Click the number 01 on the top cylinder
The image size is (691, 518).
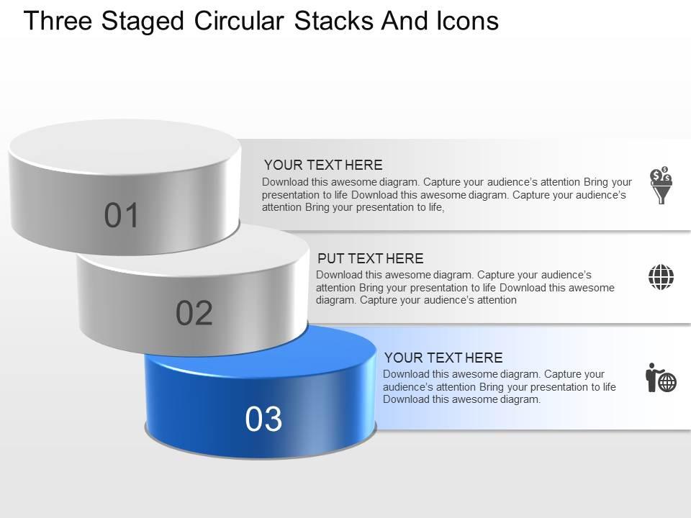(121, 215)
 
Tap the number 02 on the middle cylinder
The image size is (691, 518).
(194, 313)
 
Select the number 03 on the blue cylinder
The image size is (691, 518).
(263, 419)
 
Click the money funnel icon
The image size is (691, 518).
(661, 185)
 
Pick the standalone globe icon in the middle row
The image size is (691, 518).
(661, 277)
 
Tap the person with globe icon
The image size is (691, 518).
(661, 378)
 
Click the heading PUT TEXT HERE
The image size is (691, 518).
(370, 258)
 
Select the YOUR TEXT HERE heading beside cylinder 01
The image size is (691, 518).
(323, 165)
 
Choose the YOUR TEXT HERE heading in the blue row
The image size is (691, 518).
(443, 358)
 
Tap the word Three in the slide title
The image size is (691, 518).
(58, 21)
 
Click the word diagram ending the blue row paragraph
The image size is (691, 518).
(520, 400)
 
